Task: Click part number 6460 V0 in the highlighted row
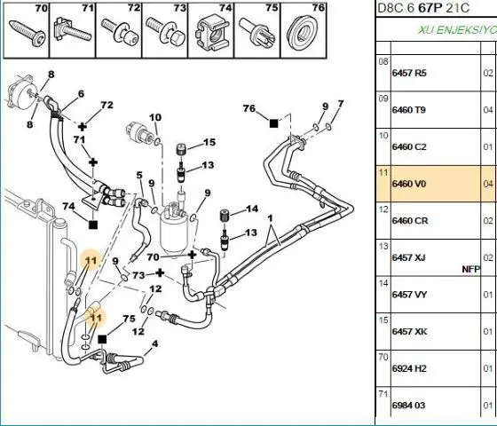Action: tap(409, 185)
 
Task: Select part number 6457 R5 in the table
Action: tap(409, 73)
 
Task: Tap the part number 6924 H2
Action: tap(409, 368)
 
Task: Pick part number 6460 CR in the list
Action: tap(410, 221)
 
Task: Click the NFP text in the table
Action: tap(470, 270)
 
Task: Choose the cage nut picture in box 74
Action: tap(211, 34)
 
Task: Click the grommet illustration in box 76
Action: tap(302, 31)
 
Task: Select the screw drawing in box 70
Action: tap(27, 33)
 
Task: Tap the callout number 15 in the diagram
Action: tap(209, 142)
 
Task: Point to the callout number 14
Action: tap(252, 209)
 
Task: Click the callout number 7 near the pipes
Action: tap(341, 104)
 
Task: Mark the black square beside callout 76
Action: tap(274, 123)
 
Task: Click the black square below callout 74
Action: tap(93, 225)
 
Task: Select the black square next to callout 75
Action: tap(102, 339)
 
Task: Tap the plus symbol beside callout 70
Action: tap(192, 255)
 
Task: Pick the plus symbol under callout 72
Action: tap(83, 127)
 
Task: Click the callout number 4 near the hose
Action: tap(155, 343)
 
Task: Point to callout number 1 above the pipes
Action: tap(270, 218)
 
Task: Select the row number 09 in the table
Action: tap(383, 99)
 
